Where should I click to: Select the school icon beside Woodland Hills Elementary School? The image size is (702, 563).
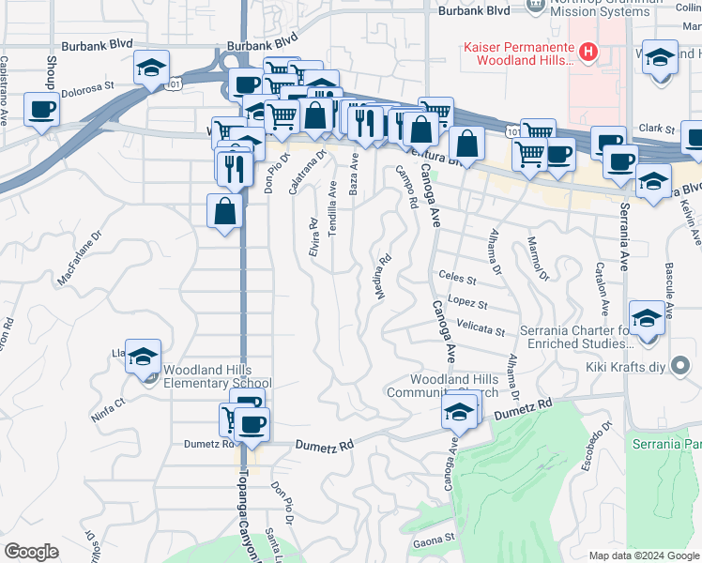[143, 357]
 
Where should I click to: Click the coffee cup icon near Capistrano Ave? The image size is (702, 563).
[41, 110]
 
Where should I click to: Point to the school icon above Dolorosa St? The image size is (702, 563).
[151, 68]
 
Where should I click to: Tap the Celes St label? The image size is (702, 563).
[458, 279]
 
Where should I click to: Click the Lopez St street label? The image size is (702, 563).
[467, 304]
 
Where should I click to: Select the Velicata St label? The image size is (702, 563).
[481, 330]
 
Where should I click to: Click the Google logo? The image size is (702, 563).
[31, 551]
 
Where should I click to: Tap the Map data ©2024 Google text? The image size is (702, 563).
[644, 554]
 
